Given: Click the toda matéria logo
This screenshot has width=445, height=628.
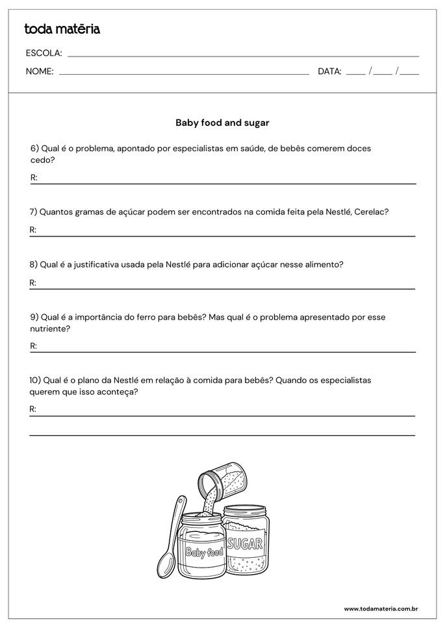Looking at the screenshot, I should [x=62, y=29].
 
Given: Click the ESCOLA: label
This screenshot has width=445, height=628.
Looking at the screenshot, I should [x=44, y=53].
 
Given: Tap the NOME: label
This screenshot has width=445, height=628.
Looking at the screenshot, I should [x=40, y=71].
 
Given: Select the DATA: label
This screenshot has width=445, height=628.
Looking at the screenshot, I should [x=329, y=71].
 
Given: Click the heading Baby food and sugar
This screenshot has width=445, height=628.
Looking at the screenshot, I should [x=222, y=122].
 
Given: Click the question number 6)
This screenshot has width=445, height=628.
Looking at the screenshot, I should [x=35, y=148].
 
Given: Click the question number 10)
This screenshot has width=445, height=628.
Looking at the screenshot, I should [x=37, y=380].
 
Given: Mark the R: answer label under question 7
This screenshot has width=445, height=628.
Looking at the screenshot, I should [x=33, y=230].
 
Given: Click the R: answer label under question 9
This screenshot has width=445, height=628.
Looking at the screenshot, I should [x=33, y=346].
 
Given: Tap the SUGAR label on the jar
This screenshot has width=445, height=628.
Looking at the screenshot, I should [x=245, y=544].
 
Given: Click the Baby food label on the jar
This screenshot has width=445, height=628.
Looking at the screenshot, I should [x=203, y=553].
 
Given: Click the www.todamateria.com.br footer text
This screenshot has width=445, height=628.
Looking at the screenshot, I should [x=380, y=609].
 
